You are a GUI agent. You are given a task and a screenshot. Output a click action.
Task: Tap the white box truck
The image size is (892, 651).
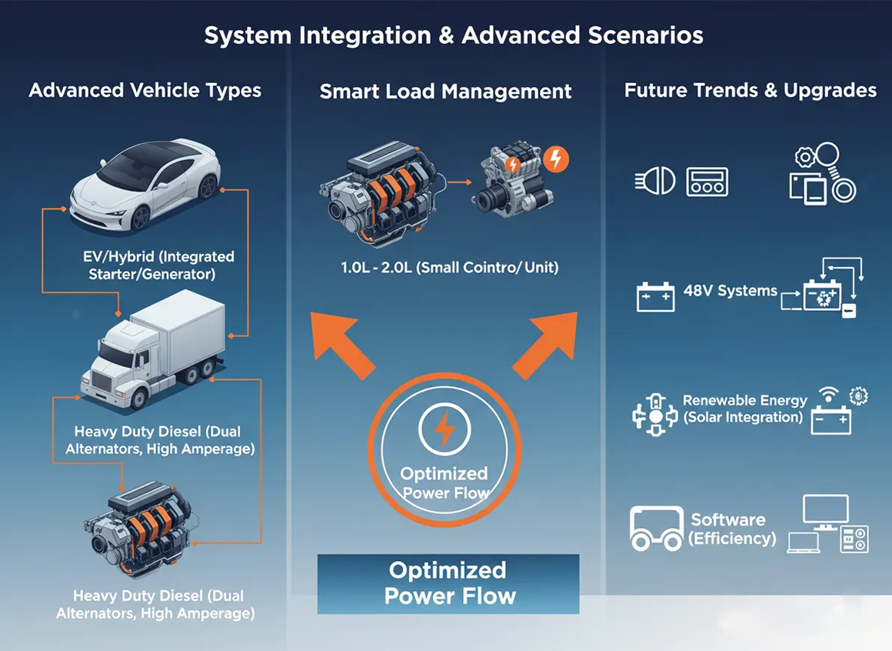(154, 354)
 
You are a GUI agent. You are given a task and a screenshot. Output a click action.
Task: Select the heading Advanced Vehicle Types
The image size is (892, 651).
(145, 90)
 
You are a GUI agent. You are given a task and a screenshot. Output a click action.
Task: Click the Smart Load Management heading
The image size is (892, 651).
(445, 92)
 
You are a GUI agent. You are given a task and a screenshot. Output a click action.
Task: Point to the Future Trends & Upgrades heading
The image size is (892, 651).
(750, 90)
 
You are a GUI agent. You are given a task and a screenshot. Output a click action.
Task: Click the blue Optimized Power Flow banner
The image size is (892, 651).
(448, 583)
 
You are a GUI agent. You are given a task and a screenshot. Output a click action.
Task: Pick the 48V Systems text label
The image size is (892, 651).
(730, 292)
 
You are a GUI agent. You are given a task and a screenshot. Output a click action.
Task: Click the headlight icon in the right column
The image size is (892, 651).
(655, 182)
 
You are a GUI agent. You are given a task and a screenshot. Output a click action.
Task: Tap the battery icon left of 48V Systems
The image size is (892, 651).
(655, 296)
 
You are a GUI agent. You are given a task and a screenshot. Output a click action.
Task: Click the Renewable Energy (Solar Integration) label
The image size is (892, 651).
(744, 409)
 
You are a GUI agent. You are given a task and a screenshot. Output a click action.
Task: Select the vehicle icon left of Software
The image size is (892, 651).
(655, 529)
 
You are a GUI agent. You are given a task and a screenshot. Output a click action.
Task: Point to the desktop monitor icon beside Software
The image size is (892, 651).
(825, 512)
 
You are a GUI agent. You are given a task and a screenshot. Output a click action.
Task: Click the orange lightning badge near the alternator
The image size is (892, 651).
(555, 159)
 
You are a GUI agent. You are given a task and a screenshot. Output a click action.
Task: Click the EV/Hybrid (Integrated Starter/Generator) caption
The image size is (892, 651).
(158, 265)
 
